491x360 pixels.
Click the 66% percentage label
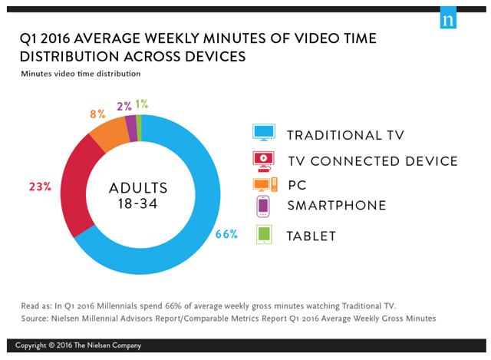tap(227, 234)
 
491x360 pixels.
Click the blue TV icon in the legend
tap(264, 134)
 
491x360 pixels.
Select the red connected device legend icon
tap(264, 159)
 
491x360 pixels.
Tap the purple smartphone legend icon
tap(263, 206)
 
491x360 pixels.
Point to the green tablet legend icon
tap(264, 234)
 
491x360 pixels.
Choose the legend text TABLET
tap(311, 236)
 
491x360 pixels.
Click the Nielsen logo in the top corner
tap(448, 19)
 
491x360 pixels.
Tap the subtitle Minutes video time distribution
tap(81, 74)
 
